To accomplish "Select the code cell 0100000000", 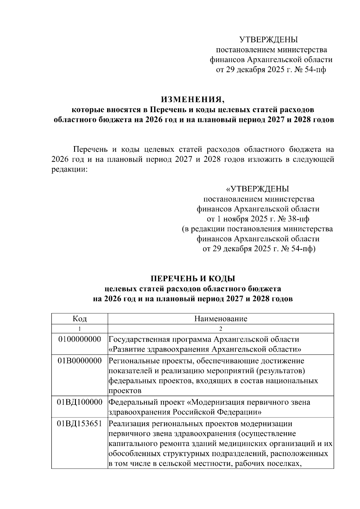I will [79, 339].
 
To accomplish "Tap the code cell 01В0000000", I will [79, 361].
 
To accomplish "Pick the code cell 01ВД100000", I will [79, 402].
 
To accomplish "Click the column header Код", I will [79, 319].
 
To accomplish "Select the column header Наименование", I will [220, 319].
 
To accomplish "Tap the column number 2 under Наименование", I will [220, 329].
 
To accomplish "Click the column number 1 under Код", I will [79, 329].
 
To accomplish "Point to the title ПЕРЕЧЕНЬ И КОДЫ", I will [192, 279].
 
